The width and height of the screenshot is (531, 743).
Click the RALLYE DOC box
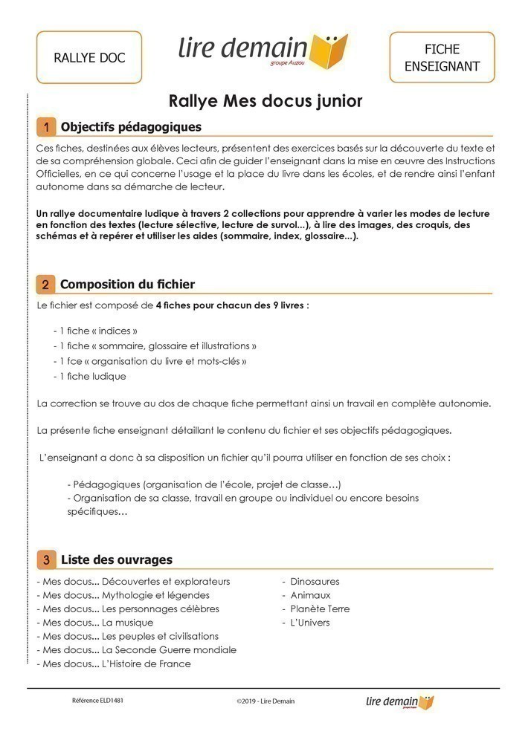(89, 57)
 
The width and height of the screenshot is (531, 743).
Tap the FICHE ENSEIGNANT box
(442, 57)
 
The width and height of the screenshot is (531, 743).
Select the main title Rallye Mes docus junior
(265, 100)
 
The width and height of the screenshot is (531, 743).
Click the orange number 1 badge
(46, 127)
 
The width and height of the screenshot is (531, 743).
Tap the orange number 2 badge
(46, 285)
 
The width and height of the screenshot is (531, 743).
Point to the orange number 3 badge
(46, 559)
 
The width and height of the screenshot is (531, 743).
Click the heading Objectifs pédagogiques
(131, 127)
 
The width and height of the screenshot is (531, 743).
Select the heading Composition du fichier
(127, 285)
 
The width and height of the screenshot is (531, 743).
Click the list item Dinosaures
(315, 582)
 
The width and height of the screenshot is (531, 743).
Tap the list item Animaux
(310, 595)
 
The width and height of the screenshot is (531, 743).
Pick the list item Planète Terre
(320, 609)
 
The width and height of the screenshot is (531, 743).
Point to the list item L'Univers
(309, 623)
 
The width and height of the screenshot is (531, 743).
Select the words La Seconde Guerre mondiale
(169, 650)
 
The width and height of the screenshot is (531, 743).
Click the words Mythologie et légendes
(155, 595)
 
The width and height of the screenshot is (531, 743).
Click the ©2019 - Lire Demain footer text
(265, 701)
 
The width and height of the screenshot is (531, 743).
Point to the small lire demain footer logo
(400, 701)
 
